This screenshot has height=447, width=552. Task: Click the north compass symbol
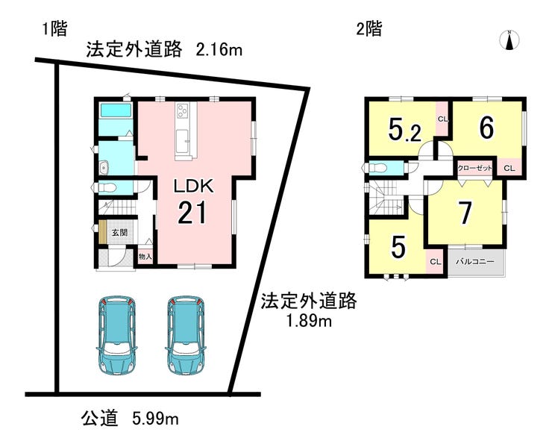(509, 40)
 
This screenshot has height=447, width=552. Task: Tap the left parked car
(116, 335)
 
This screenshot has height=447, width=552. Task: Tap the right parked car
(186, 335)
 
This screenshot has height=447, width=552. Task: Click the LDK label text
(193, 186)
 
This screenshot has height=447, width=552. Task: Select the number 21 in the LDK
(192, 213)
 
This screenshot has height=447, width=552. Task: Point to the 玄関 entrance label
(119, 233)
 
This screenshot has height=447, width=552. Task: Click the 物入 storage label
(145, 257)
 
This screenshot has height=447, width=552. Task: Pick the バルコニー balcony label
(475, 262)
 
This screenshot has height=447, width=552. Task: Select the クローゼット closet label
(474, 168)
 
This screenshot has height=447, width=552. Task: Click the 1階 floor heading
(54, 29)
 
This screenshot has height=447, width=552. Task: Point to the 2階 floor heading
(369, 29)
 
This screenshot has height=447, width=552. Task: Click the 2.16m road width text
(219, 50)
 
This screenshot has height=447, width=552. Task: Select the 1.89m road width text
(309, 321)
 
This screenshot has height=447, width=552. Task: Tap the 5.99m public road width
(155, 419)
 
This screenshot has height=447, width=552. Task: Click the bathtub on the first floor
(116, 110)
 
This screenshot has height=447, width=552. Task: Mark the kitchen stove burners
(182, 110)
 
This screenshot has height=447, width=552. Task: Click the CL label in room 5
(436, 262)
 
